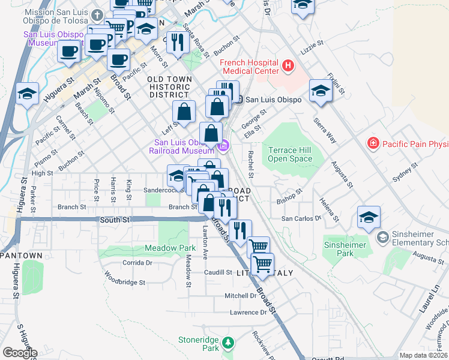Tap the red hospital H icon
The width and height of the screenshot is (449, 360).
point(288,65)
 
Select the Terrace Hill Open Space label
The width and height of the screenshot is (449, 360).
point(290,154)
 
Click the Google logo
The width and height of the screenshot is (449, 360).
point(19,352)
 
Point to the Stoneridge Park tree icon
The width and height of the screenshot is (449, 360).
point(228,343)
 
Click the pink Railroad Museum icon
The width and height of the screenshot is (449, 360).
point(224,145)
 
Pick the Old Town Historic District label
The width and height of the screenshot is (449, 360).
point(170,87)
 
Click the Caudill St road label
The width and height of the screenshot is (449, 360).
point(217,272)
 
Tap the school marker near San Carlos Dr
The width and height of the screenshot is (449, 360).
point(369,217)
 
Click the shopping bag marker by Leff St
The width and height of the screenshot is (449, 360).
point(184,112)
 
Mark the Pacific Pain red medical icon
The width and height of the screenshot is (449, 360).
point(373,143)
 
